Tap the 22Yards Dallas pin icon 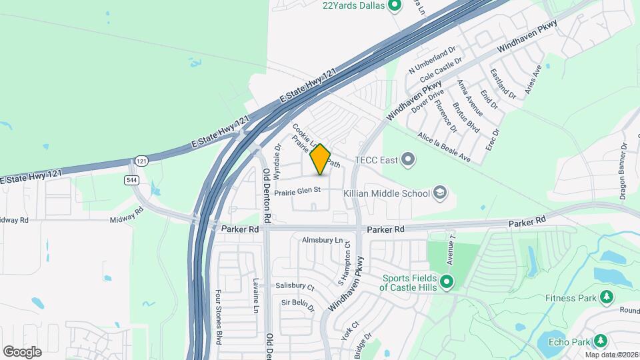pos(394,6)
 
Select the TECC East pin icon pos(409,160)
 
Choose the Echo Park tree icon pos(601,341)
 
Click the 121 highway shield pos(140,161)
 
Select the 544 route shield pos(131,180)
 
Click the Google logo pos(22,351)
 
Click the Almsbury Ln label pos(321,239)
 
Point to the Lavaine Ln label pos(255,295)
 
